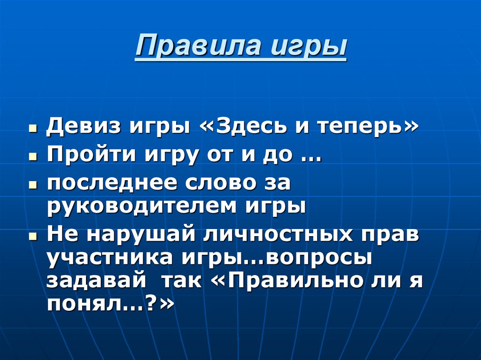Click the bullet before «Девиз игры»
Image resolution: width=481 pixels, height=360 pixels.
(x=32, y=128)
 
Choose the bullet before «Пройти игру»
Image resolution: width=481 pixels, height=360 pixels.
(x=32, y=156)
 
